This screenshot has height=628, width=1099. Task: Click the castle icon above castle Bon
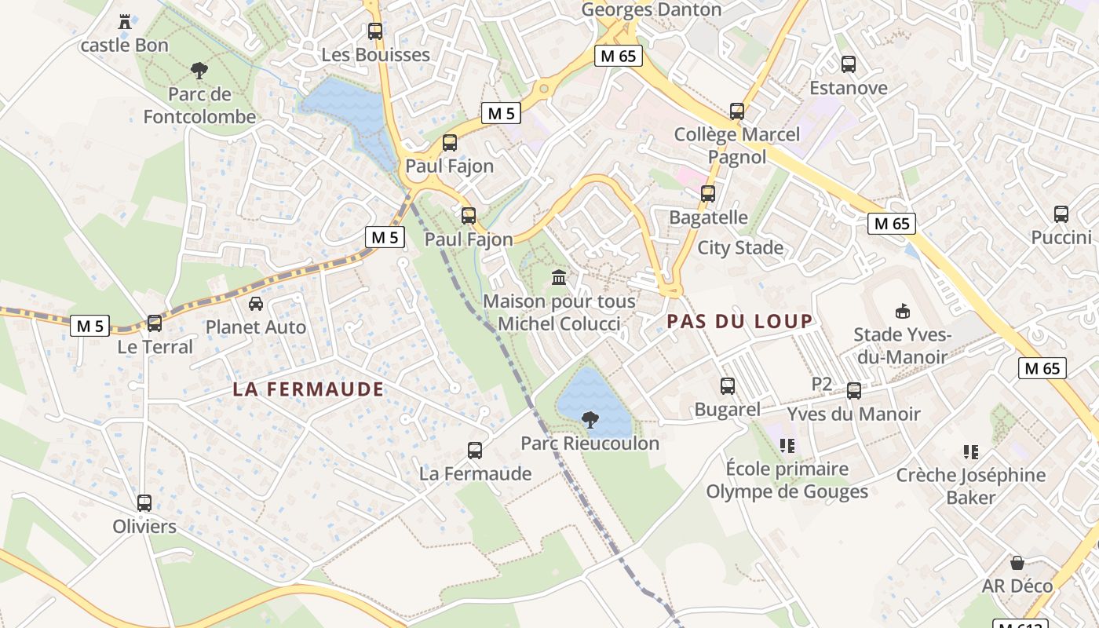125,21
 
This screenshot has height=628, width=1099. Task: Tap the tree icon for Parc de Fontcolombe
199,71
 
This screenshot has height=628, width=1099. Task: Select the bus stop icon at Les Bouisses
375,31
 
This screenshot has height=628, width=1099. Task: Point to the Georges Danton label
652,9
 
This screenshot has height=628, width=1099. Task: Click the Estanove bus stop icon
849,64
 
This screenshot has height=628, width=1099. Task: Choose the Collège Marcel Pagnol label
737,145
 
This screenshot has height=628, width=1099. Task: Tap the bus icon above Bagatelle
708,193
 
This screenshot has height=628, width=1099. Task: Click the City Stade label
740,248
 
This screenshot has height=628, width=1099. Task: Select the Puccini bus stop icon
1061,214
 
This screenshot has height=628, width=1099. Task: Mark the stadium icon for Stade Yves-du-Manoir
903,312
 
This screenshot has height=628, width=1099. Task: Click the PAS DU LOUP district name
739,321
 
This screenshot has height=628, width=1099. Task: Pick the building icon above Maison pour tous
559,277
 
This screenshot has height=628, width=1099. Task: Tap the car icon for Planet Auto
256,303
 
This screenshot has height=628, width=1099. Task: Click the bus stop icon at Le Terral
155,323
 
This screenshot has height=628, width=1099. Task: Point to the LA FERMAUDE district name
309,389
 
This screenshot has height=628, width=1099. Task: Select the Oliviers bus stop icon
144,502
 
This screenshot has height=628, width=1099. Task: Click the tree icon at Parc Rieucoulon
590,420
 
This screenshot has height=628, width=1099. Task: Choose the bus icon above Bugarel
728,385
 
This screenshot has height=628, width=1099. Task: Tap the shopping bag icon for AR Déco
1017,562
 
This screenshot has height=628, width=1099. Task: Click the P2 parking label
821,384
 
